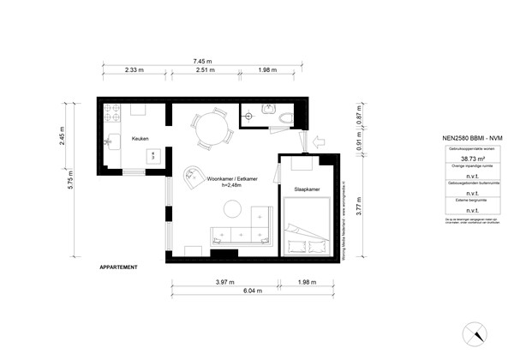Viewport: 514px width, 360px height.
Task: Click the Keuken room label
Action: pyautogui.click(x=140, y=137)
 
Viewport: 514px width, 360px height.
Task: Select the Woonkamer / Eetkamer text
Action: pyautogui.click(x=232, y=179)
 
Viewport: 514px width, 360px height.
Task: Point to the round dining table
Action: pyautogui.click(x=209, y=131)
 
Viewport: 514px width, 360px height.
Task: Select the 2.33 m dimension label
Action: pyautogui.click(x=133, y=70)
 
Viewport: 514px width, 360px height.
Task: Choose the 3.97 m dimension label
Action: pyautogui.click(x=225, y=282)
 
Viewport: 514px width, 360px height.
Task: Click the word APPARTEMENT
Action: pyautogui.click(x=118, y=267)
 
